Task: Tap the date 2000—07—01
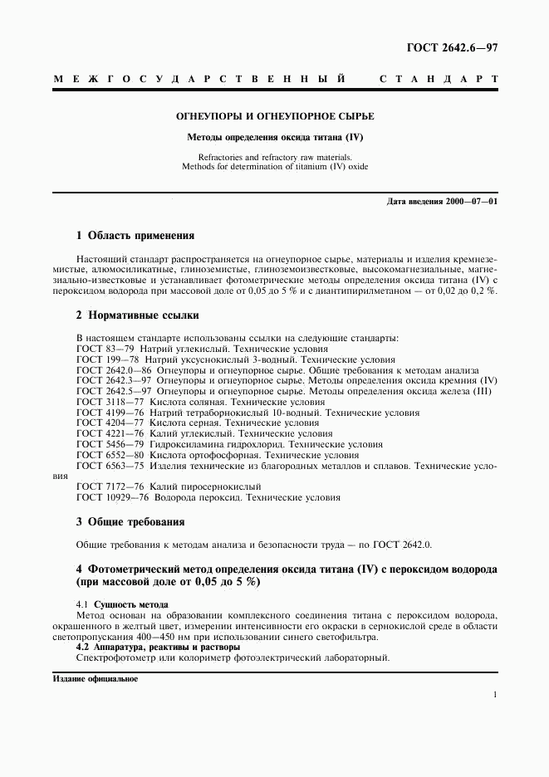(x=473, y=202)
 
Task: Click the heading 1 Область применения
(x=135, y=235)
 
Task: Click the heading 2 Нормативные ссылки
(x=137, y=315)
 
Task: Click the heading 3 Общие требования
(x=130, y=522)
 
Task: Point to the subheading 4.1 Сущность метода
(x=122, y=604)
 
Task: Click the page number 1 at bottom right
(x=494, y=696)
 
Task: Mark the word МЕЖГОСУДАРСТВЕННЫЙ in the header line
(x=199, y=80)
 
